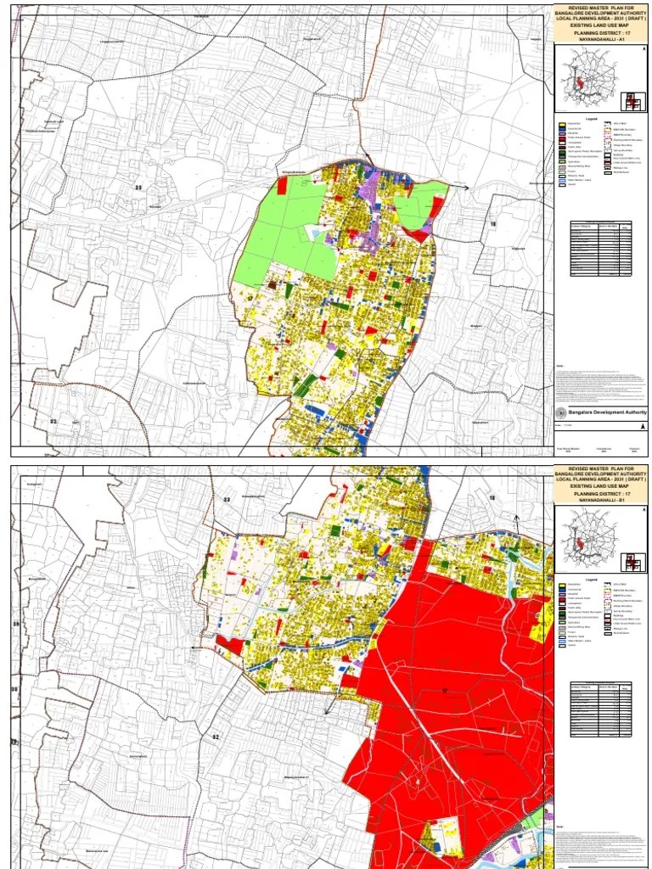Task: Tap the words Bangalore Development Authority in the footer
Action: pyautogui.click(x=607, y=412)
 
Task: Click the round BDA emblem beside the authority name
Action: pyautogui.click(x=560, y=412)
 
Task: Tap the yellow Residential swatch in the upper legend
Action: pyautogui.click(x=561, y=125)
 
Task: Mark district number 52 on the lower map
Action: pyautogui.click(x=216, y=737)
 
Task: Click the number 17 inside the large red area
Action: pyautogui.click(x=443, y=690)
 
